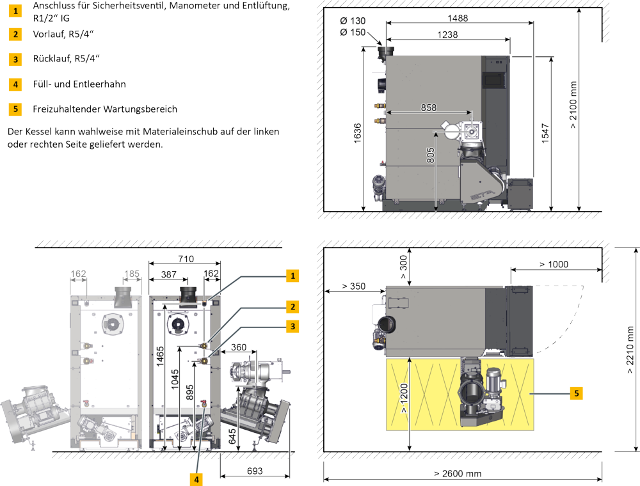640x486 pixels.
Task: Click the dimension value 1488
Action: [458, 19]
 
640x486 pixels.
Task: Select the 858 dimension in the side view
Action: [428, 108]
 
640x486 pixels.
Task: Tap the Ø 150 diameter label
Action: [353, 32]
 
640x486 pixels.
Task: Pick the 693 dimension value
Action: [253, 471]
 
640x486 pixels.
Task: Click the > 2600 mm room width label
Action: [458, 474]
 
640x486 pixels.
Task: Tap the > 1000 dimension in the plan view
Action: [553, 264]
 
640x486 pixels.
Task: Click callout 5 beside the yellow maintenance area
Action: [577, 394]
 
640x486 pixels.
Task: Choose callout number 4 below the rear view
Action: [198, 478]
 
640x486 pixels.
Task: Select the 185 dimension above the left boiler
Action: [131, 274]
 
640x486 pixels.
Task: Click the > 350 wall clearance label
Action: [353, 286]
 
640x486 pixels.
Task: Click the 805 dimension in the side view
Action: [431, 155]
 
